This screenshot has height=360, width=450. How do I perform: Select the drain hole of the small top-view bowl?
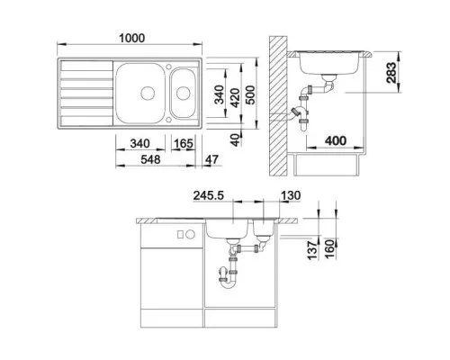[184, 91]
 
